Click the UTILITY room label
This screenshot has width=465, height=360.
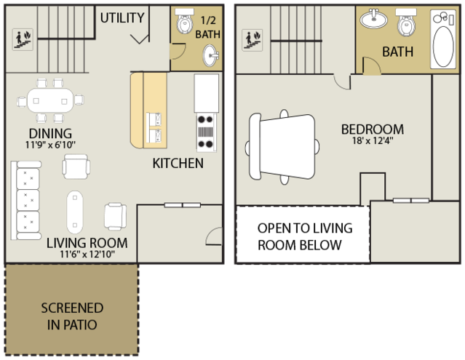(122, 17)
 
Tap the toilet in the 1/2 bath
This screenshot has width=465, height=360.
(184, 21)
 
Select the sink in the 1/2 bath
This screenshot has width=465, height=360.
(210, 55)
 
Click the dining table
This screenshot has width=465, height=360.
(50, 100)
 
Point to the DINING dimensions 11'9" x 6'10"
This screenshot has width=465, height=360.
(50, 145)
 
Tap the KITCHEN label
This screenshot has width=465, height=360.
(178, 163)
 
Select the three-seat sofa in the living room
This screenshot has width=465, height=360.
(26, 200)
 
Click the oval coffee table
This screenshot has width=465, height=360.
(75, 212)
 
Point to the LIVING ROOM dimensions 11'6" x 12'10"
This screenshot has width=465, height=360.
(87, 255)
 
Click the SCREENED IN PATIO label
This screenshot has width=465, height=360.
(72, 316)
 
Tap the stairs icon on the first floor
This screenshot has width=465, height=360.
(23, 39)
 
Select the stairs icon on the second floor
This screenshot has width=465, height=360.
(252, 40)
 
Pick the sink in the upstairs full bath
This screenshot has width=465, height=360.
(373, 18)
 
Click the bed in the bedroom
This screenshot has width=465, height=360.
(282, 147)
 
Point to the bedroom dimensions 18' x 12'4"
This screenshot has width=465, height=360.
(373, 140)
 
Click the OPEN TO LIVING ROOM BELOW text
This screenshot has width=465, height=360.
(305, 236)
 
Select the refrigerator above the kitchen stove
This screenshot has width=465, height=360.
(207, 93)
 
